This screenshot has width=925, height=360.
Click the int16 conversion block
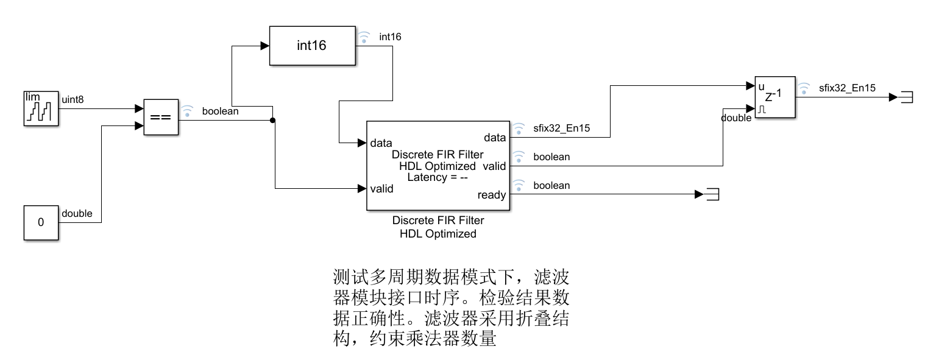point(313,46)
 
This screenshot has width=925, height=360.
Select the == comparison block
point(160,116)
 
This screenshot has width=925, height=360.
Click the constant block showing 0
point(41,223)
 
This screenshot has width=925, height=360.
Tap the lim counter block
point(41,108)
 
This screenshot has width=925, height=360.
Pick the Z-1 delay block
point(774,97)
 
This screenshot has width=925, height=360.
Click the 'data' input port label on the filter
point(381,143)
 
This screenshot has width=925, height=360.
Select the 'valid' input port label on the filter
point(381,188)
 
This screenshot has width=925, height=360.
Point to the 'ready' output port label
point(491,195)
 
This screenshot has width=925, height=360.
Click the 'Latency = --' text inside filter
point(438,177)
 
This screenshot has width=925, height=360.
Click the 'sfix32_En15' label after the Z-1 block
point(847,88)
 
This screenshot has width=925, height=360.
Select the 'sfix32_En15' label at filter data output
point(562,128)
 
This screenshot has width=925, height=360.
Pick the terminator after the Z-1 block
point(906,97)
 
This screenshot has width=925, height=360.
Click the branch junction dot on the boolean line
point(272,120)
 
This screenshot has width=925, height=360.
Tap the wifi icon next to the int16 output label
point(364,37)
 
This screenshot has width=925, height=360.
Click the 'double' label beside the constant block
point(77,213)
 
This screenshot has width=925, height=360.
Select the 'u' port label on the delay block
point(760,86)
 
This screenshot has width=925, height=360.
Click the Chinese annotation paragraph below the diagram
point(451,308)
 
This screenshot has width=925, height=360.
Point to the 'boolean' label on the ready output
point(551,185)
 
